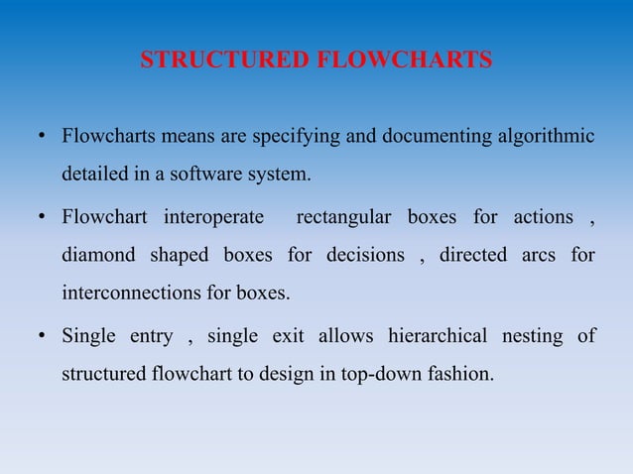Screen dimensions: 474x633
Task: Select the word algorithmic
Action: click(544, 136)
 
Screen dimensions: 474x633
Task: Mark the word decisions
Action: click(364, 256)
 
